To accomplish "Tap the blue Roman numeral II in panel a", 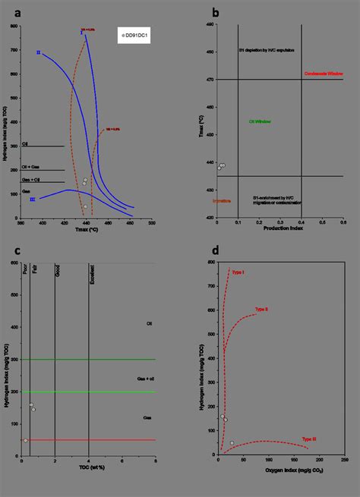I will coord(38,52).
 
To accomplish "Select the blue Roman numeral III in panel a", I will coord(33,199).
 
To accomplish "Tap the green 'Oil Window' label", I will coord(260,121).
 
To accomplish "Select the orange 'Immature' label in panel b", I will coord(222,201).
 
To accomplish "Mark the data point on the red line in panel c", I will coord(25,440).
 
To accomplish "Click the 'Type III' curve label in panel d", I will coord(308,439).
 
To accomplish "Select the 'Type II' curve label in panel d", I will coord(261,310).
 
